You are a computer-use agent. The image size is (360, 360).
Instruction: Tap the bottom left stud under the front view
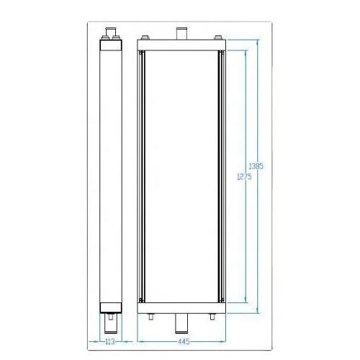tap(150, 316)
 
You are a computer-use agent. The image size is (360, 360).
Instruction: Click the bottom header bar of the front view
tap(181, 308)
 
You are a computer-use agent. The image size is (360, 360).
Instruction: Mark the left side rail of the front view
tap(143, 176)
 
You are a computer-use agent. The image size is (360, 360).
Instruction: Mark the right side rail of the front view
tap(219, 176)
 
